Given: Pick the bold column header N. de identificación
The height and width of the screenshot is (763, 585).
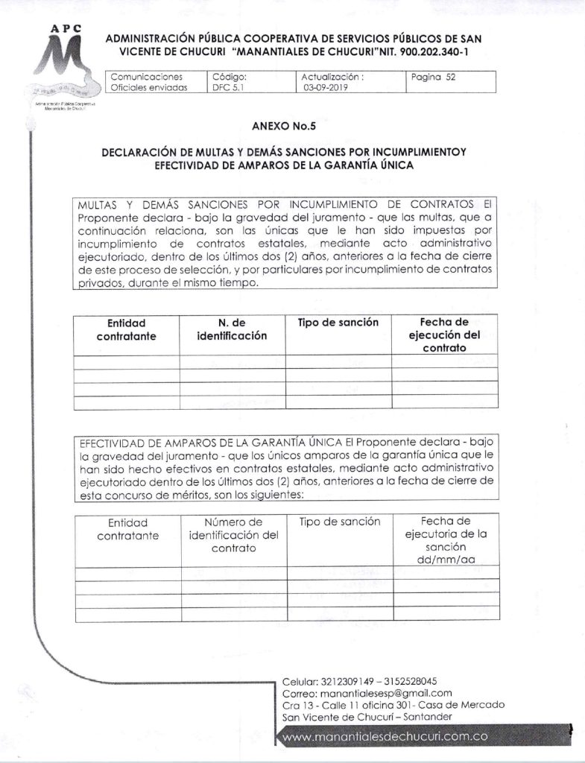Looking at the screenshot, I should pyautogui.click(x=232, y=329).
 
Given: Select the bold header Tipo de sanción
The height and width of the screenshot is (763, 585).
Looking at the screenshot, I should pyautogui.click(x=338, y=323).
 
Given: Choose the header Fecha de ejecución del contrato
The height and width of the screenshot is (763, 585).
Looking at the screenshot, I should pyautogui.click(x=444, y=335).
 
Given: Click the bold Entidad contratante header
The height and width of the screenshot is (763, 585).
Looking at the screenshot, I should pyautogui.click(x=126, y=329).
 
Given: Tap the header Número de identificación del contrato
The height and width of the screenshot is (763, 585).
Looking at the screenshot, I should pyautogui.click(x=234, y=534).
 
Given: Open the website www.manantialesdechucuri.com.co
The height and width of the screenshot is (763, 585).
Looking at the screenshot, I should pyautogui.click(x=385, y=736).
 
